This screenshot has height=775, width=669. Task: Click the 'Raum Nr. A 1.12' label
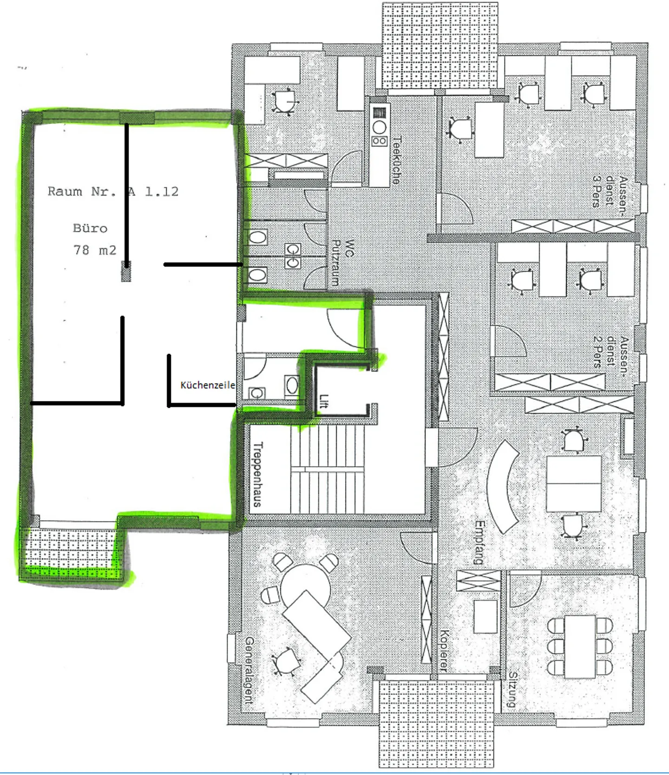pos(113,191)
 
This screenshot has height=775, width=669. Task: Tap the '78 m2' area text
pos(95,250)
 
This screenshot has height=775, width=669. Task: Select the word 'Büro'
pos(90,228)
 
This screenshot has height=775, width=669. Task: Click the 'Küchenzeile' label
pos(208,385)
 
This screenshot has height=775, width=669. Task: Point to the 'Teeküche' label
pos(397,160)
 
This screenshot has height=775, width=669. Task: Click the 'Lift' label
pos(324,401)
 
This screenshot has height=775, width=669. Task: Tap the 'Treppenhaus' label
pos(258,474)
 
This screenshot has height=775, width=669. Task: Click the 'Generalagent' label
pos(250,670)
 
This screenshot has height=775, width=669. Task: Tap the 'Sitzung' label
pos(512,690)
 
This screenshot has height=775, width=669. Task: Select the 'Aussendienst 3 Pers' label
pos(610,191)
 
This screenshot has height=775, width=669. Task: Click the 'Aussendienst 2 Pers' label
pos(611,352)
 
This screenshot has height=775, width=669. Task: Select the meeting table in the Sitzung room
pos(580,646)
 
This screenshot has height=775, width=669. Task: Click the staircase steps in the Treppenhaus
pos(328,469)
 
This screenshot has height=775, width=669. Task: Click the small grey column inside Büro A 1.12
pos(126,271)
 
